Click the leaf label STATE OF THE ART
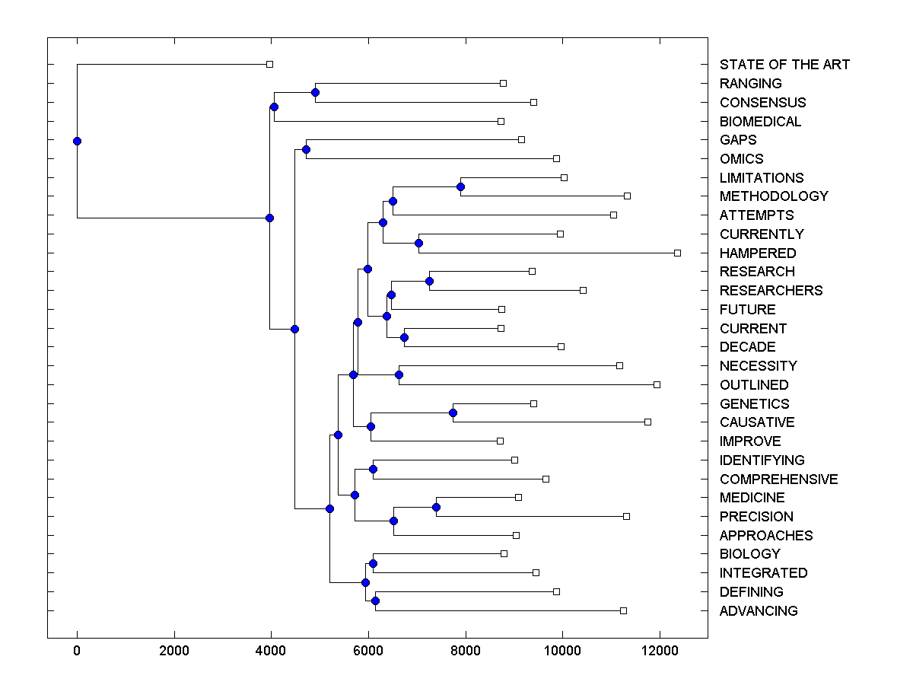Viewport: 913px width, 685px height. [x=784, y=65]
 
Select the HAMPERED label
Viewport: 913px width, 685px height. [x=758, y=253]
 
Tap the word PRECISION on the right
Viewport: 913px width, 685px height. [x=756, y=517]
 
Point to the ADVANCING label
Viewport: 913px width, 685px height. [x=759, y=611]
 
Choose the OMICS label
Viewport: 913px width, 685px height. [x=741, y=159]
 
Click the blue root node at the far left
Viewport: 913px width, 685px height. [x=77, y=141]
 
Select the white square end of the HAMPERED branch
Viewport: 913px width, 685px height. [x=677, y=253]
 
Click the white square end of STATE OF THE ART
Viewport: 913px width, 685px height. [x=269, y=65]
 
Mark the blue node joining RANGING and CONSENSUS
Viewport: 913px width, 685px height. [x=315, y=93]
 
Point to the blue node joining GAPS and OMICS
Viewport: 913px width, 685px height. [x=306, y=149]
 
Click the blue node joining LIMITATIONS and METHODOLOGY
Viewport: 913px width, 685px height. [x=460, y=186]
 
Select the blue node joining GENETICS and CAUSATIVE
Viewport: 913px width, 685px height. [x=453, y=413]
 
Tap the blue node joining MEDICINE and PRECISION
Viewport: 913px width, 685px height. [x=436, y=507]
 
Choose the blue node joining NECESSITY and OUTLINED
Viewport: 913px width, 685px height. [x=399, y=374]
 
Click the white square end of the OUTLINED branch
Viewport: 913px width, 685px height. [x=657, y=384]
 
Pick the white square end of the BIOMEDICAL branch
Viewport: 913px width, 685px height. [x=501, y=121]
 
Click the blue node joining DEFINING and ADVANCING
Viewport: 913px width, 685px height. [x=375, y=601]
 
